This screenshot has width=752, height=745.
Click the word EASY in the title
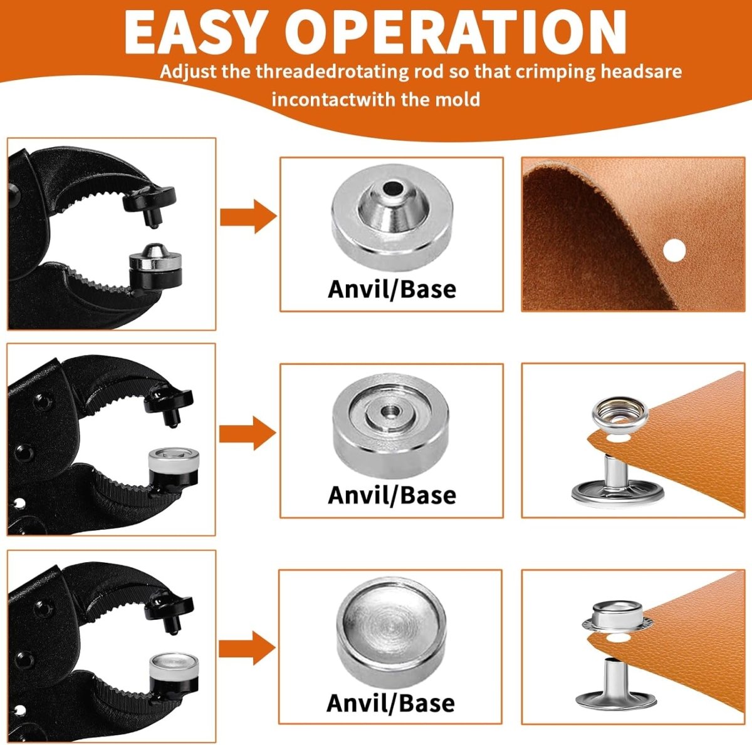click(x=192, y=33)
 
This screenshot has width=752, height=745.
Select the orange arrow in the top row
click(x=248, y=217)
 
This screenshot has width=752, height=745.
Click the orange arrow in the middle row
click(x=247, y=434)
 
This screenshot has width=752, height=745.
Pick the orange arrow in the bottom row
click(x=247, y=648)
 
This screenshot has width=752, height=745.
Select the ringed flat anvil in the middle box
click(x=390, y=426)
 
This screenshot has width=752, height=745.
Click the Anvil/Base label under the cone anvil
click(x=392, y=289)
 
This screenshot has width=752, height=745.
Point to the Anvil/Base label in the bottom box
click(x=390, y=702)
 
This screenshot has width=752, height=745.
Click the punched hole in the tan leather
click(x=674, y=250)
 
